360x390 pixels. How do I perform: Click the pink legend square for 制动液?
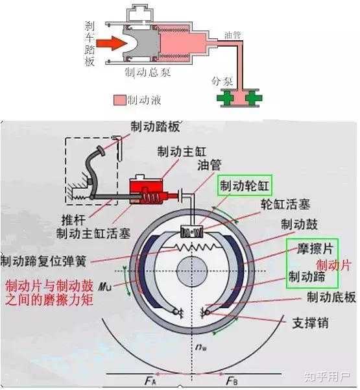coord(119,100)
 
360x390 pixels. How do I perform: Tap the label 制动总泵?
coord(148,73)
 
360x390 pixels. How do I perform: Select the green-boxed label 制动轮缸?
coord(242,187)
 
